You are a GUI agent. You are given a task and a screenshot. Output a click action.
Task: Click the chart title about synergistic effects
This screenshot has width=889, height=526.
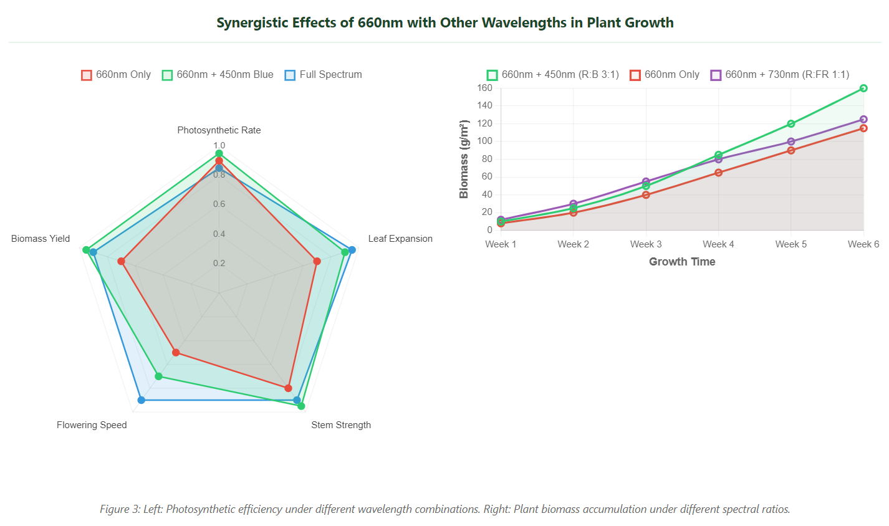444,23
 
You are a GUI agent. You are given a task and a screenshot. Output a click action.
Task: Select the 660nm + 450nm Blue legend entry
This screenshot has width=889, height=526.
218,75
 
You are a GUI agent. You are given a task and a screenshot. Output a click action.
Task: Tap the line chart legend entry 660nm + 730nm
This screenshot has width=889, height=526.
779,75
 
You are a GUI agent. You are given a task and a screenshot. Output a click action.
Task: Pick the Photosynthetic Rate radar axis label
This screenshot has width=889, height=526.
219,130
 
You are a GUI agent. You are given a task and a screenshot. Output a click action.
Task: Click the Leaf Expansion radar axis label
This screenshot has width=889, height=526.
400,239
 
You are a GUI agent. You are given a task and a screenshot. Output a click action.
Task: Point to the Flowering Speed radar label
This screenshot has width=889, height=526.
92,425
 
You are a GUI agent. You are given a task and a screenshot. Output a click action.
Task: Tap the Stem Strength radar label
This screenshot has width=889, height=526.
341,425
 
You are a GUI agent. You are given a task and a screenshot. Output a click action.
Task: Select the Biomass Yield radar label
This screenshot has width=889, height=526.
41,239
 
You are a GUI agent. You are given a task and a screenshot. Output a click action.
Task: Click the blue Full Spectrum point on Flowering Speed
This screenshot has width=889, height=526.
141,400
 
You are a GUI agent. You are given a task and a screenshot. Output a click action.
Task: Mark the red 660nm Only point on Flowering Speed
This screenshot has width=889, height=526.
176,353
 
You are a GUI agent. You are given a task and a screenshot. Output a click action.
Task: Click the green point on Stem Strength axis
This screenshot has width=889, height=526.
301,406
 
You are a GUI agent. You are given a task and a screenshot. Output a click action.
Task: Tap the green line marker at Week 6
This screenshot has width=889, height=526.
863,88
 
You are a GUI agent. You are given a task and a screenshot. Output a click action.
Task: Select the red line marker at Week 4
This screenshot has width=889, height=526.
718,173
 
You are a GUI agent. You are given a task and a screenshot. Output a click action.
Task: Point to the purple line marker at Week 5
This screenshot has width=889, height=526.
791,141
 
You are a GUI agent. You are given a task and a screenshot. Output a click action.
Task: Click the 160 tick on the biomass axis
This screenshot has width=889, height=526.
485,88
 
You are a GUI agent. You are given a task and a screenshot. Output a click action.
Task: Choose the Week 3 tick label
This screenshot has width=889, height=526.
646,244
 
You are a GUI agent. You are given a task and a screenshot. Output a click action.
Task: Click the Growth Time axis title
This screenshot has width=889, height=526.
682,262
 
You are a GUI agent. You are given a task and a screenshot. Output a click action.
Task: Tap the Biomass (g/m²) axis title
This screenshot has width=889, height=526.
464,160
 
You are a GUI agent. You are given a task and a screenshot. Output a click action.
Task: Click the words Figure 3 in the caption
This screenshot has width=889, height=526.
120,509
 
